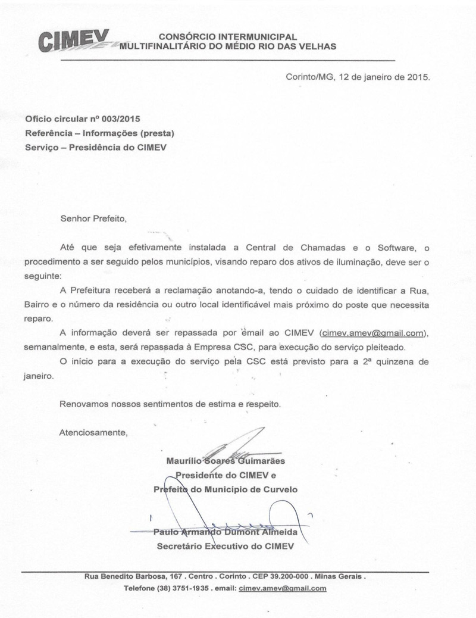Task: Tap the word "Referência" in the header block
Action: coord(49,133)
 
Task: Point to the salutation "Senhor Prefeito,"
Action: coord(94,219)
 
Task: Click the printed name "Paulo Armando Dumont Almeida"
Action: coord(226,531)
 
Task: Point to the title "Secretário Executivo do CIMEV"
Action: coord(225,545)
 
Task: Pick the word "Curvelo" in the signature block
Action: coord(281,489)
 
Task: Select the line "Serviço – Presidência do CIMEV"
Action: coord(96,148)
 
